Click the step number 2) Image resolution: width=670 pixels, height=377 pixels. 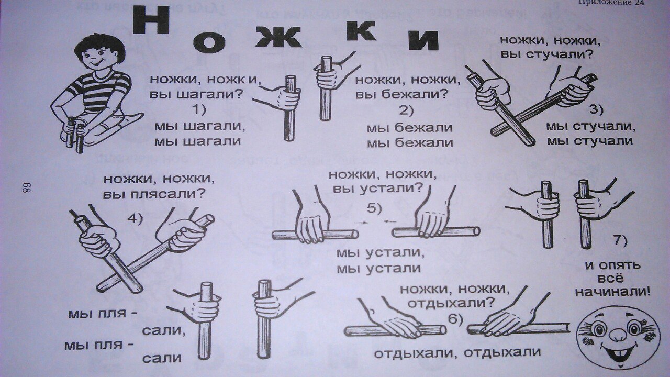point(404,110)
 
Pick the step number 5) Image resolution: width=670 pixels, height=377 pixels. point(374,208)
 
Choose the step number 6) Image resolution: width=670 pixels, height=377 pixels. point(455,319)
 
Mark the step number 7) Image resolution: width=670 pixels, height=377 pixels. point(620,240)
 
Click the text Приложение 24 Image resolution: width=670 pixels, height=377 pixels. point(610,3)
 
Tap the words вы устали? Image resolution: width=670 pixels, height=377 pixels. point(377,188)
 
